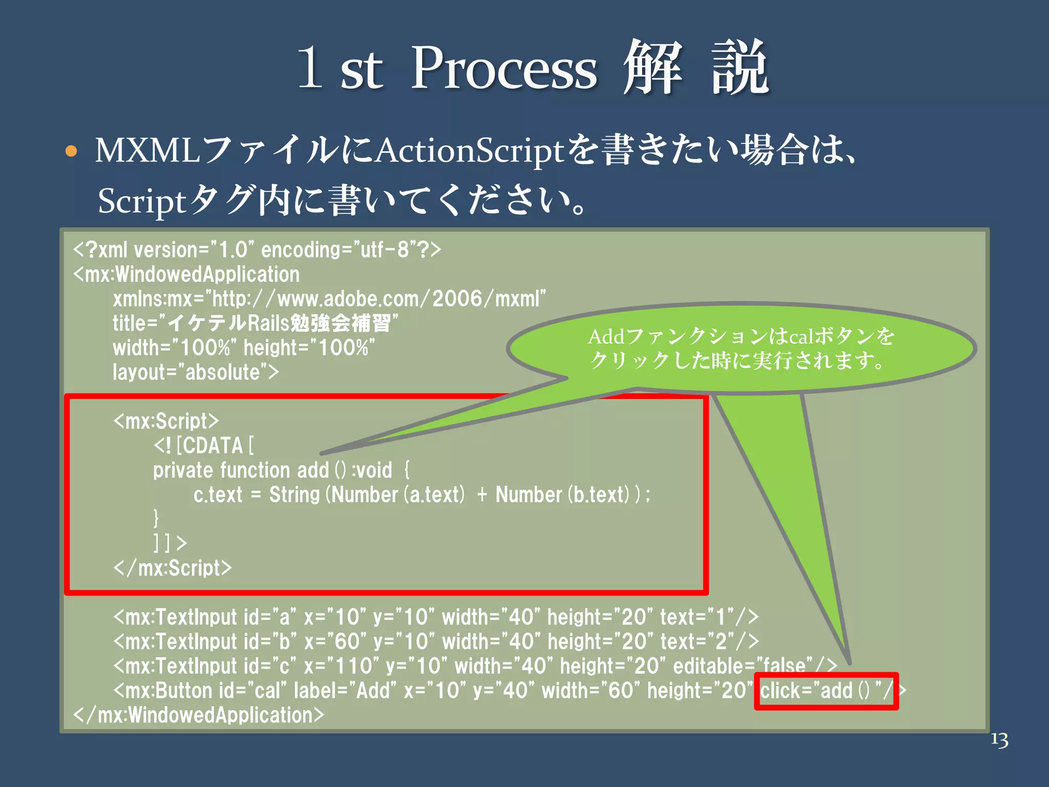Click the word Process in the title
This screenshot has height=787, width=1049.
tap(504, 69)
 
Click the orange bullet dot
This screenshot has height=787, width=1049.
tap(71, 151)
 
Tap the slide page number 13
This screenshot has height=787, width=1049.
tap(999, 740)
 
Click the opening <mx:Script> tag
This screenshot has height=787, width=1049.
tap(166, 421)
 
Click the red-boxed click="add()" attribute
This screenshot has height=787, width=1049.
tap(826, 691)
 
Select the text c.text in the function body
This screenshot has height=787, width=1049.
tap(218, 495)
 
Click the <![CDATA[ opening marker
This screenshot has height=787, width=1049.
tap(203, 446)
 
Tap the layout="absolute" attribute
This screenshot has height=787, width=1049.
tap(196, 372)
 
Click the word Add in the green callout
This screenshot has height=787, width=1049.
tap(606, 337)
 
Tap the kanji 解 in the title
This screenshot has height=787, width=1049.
tap(653, 68)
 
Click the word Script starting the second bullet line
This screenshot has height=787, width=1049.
tap(141, 201)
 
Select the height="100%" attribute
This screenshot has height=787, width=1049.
tap(309, 348)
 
